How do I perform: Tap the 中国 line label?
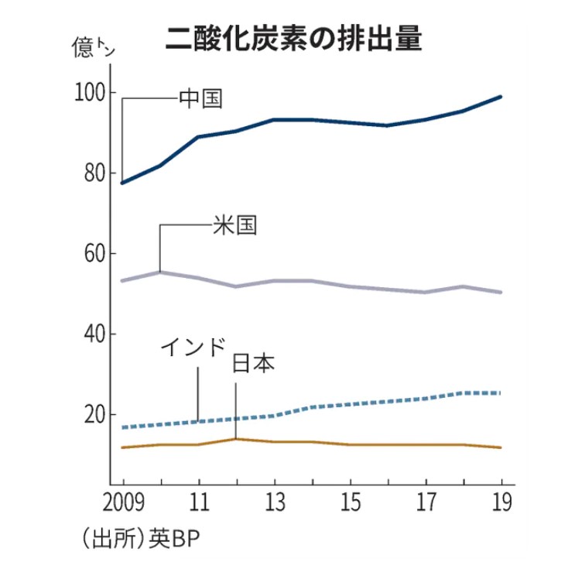click(201, 98)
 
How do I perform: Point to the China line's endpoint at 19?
click(501, 97)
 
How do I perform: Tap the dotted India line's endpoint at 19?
click(501, 393)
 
